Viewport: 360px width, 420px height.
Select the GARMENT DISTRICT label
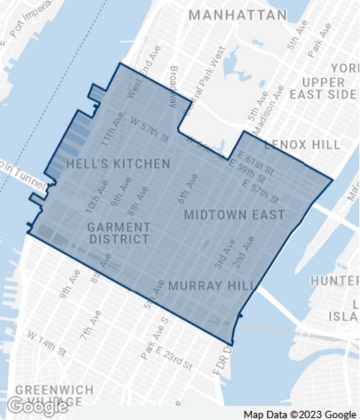[119, 233]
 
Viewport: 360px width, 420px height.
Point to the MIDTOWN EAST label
[234, 215]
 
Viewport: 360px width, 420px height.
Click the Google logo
[37, 405]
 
